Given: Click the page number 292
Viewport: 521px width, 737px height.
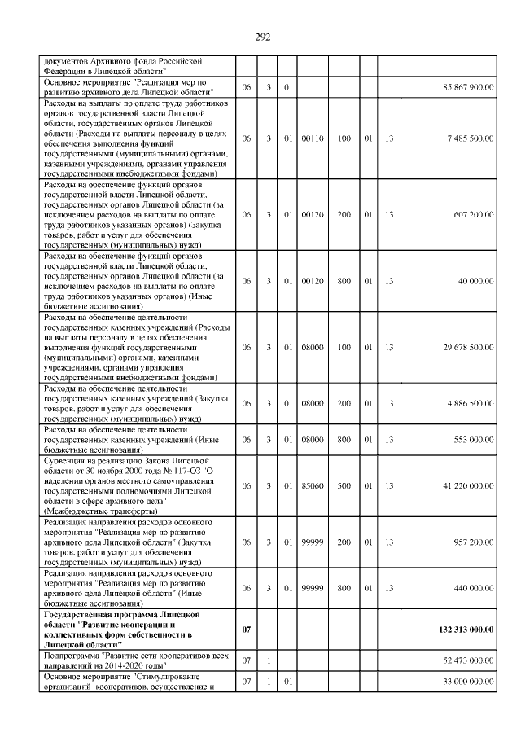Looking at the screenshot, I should click(262, 37).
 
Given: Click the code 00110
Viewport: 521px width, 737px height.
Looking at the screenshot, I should click(313, 138).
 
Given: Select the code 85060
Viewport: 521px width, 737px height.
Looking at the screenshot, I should click(313, 485).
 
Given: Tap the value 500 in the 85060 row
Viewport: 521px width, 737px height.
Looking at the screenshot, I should click(344, 485).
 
